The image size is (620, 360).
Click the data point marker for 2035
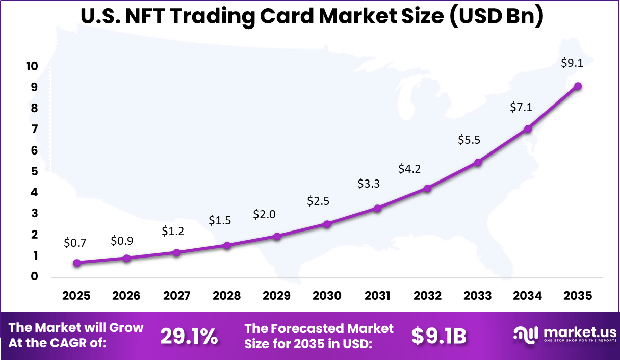pyautogui.click(x=578, y=86)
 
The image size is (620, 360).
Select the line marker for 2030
pyautogui.click(x=327, y=224)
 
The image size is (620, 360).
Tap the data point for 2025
pyautogui.click(x=76, y=263)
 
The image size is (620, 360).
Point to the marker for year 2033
pyautogui.click(x=478, y=163)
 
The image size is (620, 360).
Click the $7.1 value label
pyautogui.click(x=521, y=107)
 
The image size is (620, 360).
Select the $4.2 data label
pyautogui.click(x=409, y=169)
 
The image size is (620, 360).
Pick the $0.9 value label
pyautogui.click(x=122, y=241)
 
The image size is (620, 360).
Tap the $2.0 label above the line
pyautogui.click(x=264, y=214)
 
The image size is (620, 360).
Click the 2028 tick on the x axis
pyautogui.click(x=227, y=296)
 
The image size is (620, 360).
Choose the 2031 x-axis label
pyautogui.click(x=377, y=296)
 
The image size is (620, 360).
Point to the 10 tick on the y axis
pyautogui.click(x=32, y=66)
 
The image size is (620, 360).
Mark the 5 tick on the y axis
pyautogui.click(x=34, y=171)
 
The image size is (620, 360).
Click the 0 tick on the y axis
pyautogui.click(x=34, y=277)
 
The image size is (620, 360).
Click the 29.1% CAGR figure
pyautogui.click(x=189, y=336)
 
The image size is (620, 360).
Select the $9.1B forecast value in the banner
pyautogui.click(x=439, y=336)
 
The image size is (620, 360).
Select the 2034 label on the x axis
pyautogui.click(x=528, y=296)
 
